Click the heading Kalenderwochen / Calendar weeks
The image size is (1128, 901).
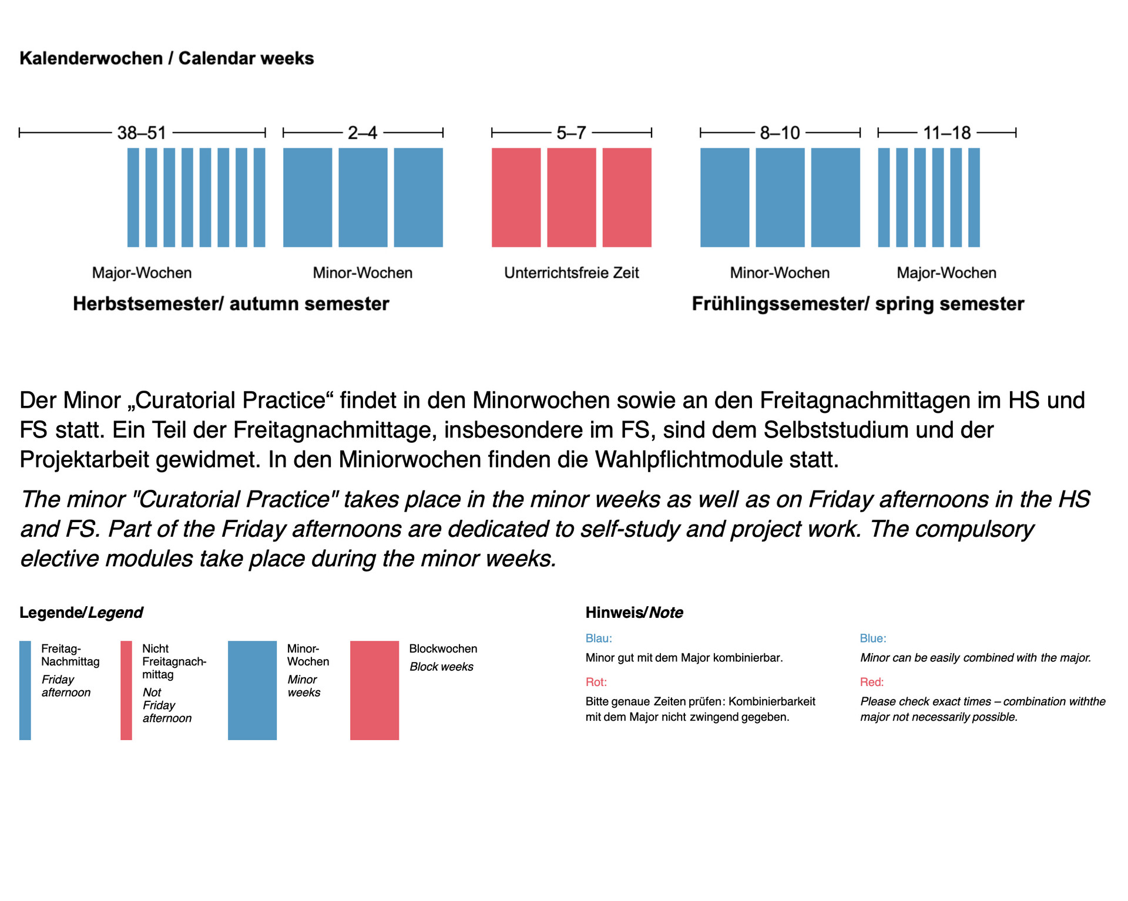pos(166,58)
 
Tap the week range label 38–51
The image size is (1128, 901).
pos(142,133)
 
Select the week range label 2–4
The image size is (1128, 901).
pos(362,133)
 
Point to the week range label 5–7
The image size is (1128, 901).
pos(571,133)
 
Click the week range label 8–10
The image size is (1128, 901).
pos(780,133)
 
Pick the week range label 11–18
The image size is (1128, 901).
pos(946,133)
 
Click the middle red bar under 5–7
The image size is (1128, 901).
pos(571,197)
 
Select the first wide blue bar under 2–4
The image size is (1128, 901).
pos(307,197)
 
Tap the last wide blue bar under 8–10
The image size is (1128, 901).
pos(835,197)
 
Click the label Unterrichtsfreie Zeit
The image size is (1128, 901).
pos(571,273)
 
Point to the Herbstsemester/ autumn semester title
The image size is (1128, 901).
pos(231,304)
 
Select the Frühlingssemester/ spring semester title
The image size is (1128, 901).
pos(858,304)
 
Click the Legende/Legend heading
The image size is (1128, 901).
pos(81,613)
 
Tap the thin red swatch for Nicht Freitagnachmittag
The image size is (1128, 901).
pos(126,690)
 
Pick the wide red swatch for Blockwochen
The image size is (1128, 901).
pos(374,690)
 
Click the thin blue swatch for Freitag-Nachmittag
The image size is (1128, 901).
pos(25,690)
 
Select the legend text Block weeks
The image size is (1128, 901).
pos(441,667)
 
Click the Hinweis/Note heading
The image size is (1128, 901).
pos(634,613)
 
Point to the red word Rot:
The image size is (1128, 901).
pos(596,682)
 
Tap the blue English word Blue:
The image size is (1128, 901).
pos(872,638)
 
